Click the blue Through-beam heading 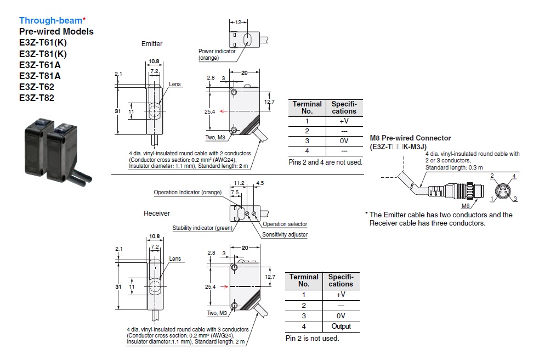tap(50, 20)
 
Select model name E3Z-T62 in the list tap(37, 87)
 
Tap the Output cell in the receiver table tap(341, 327)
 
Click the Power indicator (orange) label tap(217, 54)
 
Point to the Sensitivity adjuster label tap(285, 234)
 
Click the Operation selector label tap(285, 224)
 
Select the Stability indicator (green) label tap(202, 228)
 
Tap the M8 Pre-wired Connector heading tap(410, 138)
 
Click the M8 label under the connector tap(466, 206)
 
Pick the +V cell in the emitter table tap(343, 121)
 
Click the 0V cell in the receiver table tap(341, 316)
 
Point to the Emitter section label tap(152, 43)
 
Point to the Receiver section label tap(157, 213)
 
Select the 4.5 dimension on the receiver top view tap(260, 183)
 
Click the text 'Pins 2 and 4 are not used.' tap(325, 162)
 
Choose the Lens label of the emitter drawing tap(175, 85)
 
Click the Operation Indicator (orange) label tap(188, 193)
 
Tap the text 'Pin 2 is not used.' tap(312, 338)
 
